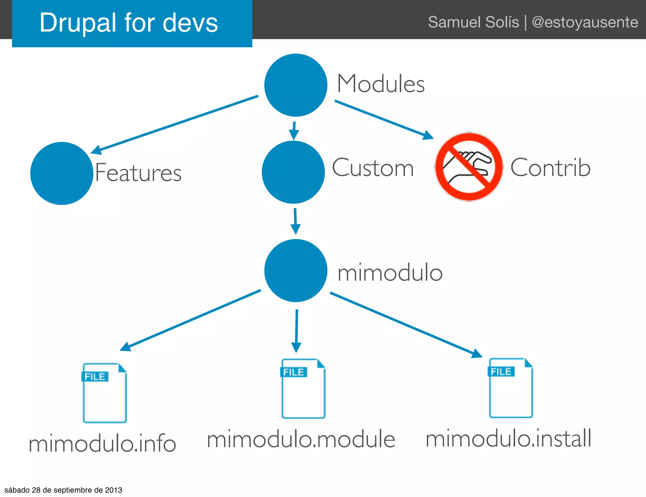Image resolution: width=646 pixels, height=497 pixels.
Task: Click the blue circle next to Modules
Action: click(x=296, y=85)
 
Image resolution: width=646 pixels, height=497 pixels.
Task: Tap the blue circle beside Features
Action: click(x=62, y=173)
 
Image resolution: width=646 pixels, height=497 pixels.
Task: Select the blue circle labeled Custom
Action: click(x=293, y=172)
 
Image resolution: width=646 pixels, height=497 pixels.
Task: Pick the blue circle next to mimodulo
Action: click(x=296, y=271)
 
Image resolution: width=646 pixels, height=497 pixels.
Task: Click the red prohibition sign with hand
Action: click(x=469, y=167)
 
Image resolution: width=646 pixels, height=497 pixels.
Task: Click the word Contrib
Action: click(x=550, y=168)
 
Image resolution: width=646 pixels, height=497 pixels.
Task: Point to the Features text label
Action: click(x=138, y=173)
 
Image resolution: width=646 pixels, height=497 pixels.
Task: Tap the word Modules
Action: click(x=381, y=84)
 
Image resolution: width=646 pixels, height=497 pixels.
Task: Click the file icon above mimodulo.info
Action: click(x=104, y=393)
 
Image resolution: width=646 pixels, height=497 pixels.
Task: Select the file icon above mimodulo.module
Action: click(x=303, y=389)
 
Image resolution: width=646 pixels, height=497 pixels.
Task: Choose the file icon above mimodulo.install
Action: click(x=511, y=388)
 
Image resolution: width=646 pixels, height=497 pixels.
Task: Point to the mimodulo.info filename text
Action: click(x=102, y=443)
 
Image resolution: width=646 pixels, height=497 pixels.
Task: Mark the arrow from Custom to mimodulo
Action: click(x=295, y=221)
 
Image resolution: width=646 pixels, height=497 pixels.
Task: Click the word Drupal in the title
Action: click(x=78, y=23)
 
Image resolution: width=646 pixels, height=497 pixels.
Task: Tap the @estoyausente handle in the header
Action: click(x=585, y=22)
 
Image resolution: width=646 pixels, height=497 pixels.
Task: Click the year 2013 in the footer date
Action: click(x=114, y=490)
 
